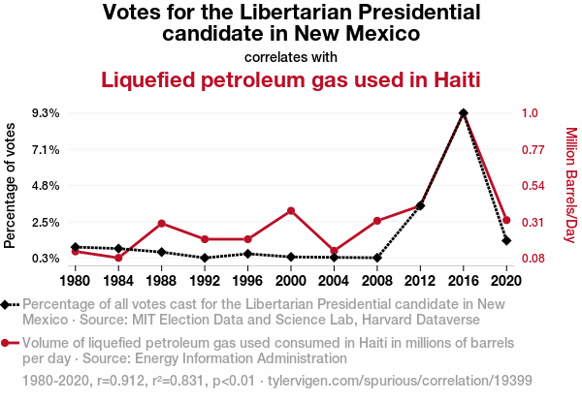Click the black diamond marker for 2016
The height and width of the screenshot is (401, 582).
[x=464, y=113]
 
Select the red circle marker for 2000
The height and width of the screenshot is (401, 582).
[x=291, y=210]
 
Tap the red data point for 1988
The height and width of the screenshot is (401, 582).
[x=161, y=224]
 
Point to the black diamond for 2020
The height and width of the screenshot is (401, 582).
[x=506, y=240]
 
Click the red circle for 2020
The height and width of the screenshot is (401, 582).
[x=506, y=220]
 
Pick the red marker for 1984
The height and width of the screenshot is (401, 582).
[x=118, y=258]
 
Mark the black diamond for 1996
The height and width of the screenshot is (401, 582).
[x=247, y=254]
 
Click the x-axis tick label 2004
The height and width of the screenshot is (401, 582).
[x=334, y=281]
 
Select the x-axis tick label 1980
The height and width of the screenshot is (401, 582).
[x=76, y=281]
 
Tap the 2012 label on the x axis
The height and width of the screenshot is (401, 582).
[x=420, y=281]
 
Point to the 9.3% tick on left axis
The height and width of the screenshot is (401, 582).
[x=46, y=113]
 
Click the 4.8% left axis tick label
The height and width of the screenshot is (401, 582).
[x=46, y=185]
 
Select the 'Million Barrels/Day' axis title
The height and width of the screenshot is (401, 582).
[x=571, y=185]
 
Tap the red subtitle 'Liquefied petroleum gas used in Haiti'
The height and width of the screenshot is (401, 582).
[x=291, y=78]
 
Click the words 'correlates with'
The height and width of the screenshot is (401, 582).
[x=291, y=56]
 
